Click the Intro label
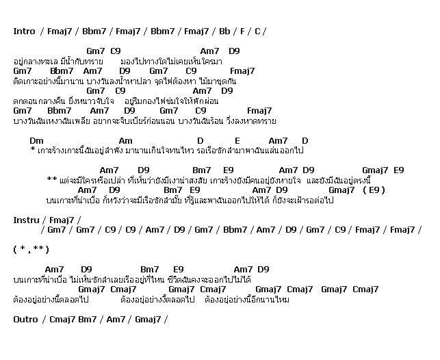point(24,31)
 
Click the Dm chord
point(37,140)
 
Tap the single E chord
point(237,140)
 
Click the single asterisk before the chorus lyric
point(32,150)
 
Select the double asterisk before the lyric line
point(51,180)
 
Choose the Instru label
point(25,220)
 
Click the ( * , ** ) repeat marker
point(31,249)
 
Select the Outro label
point(25,319)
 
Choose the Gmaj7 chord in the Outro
point(147,319)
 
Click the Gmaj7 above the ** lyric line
point(375,170)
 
